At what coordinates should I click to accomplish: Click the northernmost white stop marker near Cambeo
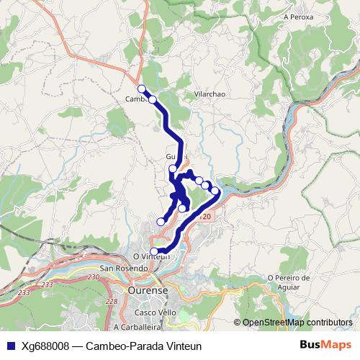141,89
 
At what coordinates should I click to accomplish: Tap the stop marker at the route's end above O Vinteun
154,251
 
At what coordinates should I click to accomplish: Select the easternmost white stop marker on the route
215,191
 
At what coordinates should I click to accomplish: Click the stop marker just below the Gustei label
173,169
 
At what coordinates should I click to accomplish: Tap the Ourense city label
147,290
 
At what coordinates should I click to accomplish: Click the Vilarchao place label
210,94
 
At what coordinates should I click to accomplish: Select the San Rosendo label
120,269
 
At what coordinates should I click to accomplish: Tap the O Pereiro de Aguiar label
288,282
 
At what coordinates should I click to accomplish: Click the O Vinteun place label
150,256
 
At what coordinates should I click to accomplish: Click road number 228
111,302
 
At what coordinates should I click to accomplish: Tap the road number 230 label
94,276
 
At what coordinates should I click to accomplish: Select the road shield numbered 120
206,216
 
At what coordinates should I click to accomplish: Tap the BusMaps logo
325,345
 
